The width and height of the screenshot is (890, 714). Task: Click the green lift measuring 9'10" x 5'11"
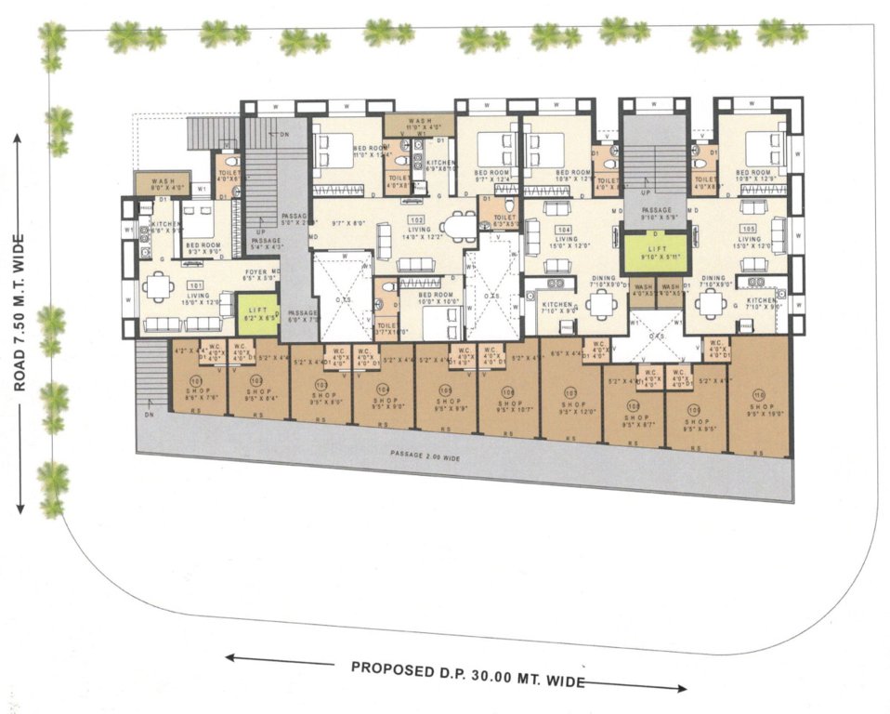click(x=654, y=252)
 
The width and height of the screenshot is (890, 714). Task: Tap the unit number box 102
click(x=416, y=219)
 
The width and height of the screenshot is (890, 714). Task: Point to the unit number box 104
click(x=562, y=228)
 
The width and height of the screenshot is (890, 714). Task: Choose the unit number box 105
click(x=748, y=228)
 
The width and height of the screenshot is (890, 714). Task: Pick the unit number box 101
click(x=195, y=284)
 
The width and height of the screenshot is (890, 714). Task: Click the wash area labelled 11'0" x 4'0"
click(x=418, y=124)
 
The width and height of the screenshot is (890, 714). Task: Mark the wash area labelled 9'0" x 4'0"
click(x=164, y=182)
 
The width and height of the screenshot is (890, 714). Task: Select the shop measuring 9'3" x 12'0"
click(x=570, y=405)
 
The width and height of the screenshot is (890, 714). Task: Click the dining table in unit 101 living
click(x=160, y=286)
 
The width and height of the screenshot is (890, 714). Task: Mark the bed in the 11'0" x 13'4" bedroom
click(x=330, y=148)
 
